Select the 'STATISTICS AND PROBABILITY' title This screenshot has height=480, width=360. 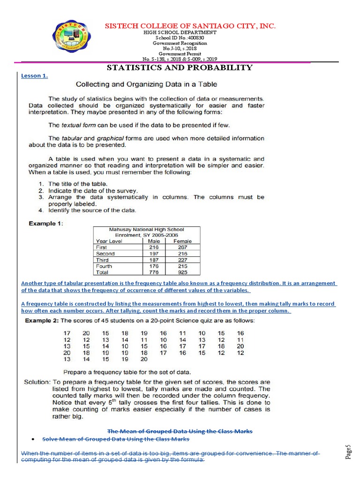pyautogui.click(x=180, y=67)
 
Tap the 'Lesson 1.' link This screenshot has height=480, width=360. pyautogui.click(x=34, y=76)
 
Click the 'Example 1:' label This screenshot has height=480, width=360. pyautogui.click(x=45, y=223)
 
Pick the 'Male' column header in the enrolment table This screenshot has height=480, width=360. pyautogui.click(x=153, y=241)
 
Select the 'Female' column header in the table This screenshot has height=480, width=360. pyautogui.click(x=182, y=241)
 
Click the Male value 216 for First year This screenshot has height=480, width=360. pyautogui.click(x=153, y=247)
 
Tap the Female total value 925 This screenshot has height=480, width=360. pyautogui.click(x=182, y=272)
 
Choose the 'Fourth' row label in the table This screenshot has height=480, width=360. pyautogui.click(x=104, y=266)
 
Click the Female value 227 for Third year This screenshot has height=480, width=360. pyautogui.click(x=182, y=260)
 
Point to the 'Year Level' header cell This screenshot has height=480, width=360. pyautogui.click(x=109, y=241)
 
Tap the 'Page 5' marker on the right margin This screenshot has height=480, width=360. pyautogui.click(x=348, y=452)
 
